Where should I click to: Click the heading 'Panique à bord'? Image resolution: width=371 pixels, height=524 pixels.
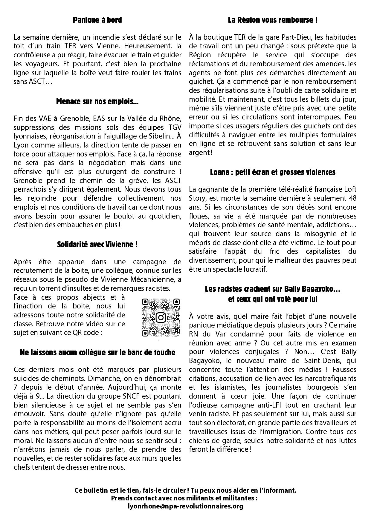(x=97, y=20)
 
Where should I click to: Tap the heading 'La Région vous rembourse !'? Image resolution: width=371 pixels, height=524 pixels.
(x=272, y=20)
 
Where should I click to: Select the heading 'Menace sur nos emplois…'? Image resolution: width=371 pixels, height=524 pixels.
(x=97, y=102)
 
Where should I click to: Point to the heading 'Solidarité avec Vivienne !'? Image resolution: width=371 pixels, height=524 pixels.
(x=97, y=245)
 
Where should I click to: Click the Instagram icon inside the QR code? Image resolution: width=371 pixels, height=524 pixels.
(x=161, y=317)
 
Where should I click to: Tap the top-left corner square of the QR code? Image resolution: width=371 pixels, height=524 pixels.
(x=145, y=302)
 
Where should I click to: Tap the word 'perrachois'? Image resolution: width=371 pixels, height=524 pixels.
(x=29, y=189)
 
